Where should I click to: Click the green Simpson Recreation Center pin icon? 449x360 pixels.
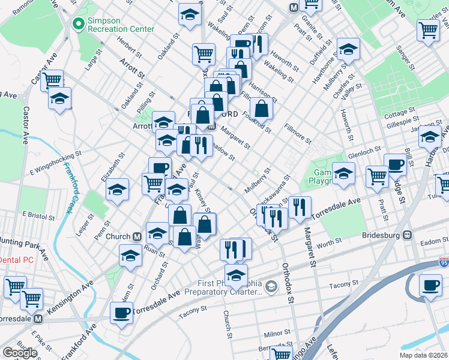[x=77, y=24]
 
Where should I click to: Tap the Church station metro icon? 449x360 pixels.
[x=137, y=236]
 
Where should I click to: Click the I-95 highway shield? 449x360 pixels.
[x=444, y=262]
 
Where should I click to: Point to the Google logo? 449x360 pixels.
[x=20, y=353]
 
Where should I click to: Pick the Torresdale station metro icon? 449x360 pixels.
[x=38, y=319]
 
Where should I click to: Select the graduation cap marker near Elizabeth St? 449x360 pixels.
[x=117, y=190]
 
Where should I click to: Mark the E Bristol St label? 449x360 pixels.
[x=37, y=214]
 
